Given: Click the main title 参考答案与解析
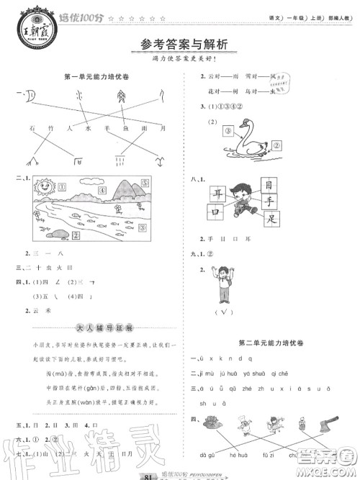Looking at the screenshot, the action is click(180, 45).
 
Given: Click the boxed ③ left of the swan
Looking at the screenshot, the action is click(227, 132).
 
